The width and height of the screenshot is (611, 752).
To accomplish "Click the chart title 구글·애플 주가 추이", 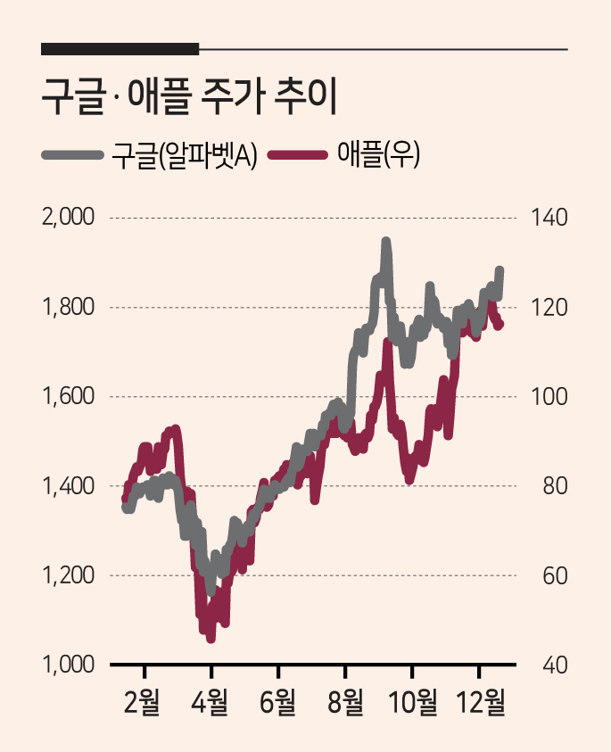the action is [x=189, y=97].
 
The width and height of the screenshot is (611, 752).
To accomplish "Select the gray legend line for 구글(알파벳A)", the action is [x=73, y=155].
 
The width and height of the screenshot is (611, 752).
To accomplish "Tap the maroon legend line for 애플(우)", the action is [x=298, y=155].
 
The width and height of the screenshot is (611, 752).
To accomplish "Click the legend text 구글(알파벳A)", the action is [x=184, y=155].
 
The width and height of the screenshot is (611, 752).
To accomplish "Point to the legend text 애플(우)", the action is [x=378, y=154].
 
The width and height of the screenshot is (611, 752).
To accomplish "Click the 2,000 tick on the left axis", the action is [x=68, y=218].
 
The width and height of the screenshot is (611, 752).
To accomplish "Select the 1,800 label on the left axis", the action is [x=69, y=307].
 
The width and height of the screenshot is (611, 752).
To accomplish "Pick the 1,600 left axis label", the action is [x=69, y=397].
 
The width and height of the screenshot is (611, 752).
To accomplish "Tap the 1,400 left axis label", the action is [x=69, y=486].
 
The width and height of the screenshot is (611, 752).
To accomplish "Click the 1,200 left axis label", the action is [x=69, y=575].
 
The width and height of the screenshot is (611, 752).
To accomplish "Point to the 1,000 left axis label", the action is [x=69, y=665].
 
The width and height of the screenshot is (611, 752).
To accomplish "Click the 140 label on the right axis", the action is [x=549, y=218].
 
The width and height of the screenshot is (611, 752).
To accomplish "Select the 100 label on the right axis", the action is [x=549, y=397].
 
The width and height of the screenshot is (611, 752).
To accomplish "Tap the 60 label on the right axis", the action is [x=555, y=575].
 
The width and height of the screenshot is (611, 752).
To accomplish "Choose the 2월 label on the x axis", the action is [x=142, y=703].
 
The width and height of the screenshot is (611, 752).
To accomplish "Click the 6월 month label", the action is [x=277, y=703].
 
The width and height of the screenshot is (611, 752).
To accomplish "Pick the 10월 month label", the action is [x=412, y=703].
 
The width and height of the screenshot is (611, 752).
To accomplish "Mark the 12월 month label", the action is [x=481, y=703].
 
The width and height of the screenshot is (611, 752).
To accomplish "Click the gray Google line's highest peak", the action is [x=386, y=241].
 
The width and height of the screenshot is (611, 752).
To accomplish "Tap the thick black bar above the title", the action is [x=120, y=49].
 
